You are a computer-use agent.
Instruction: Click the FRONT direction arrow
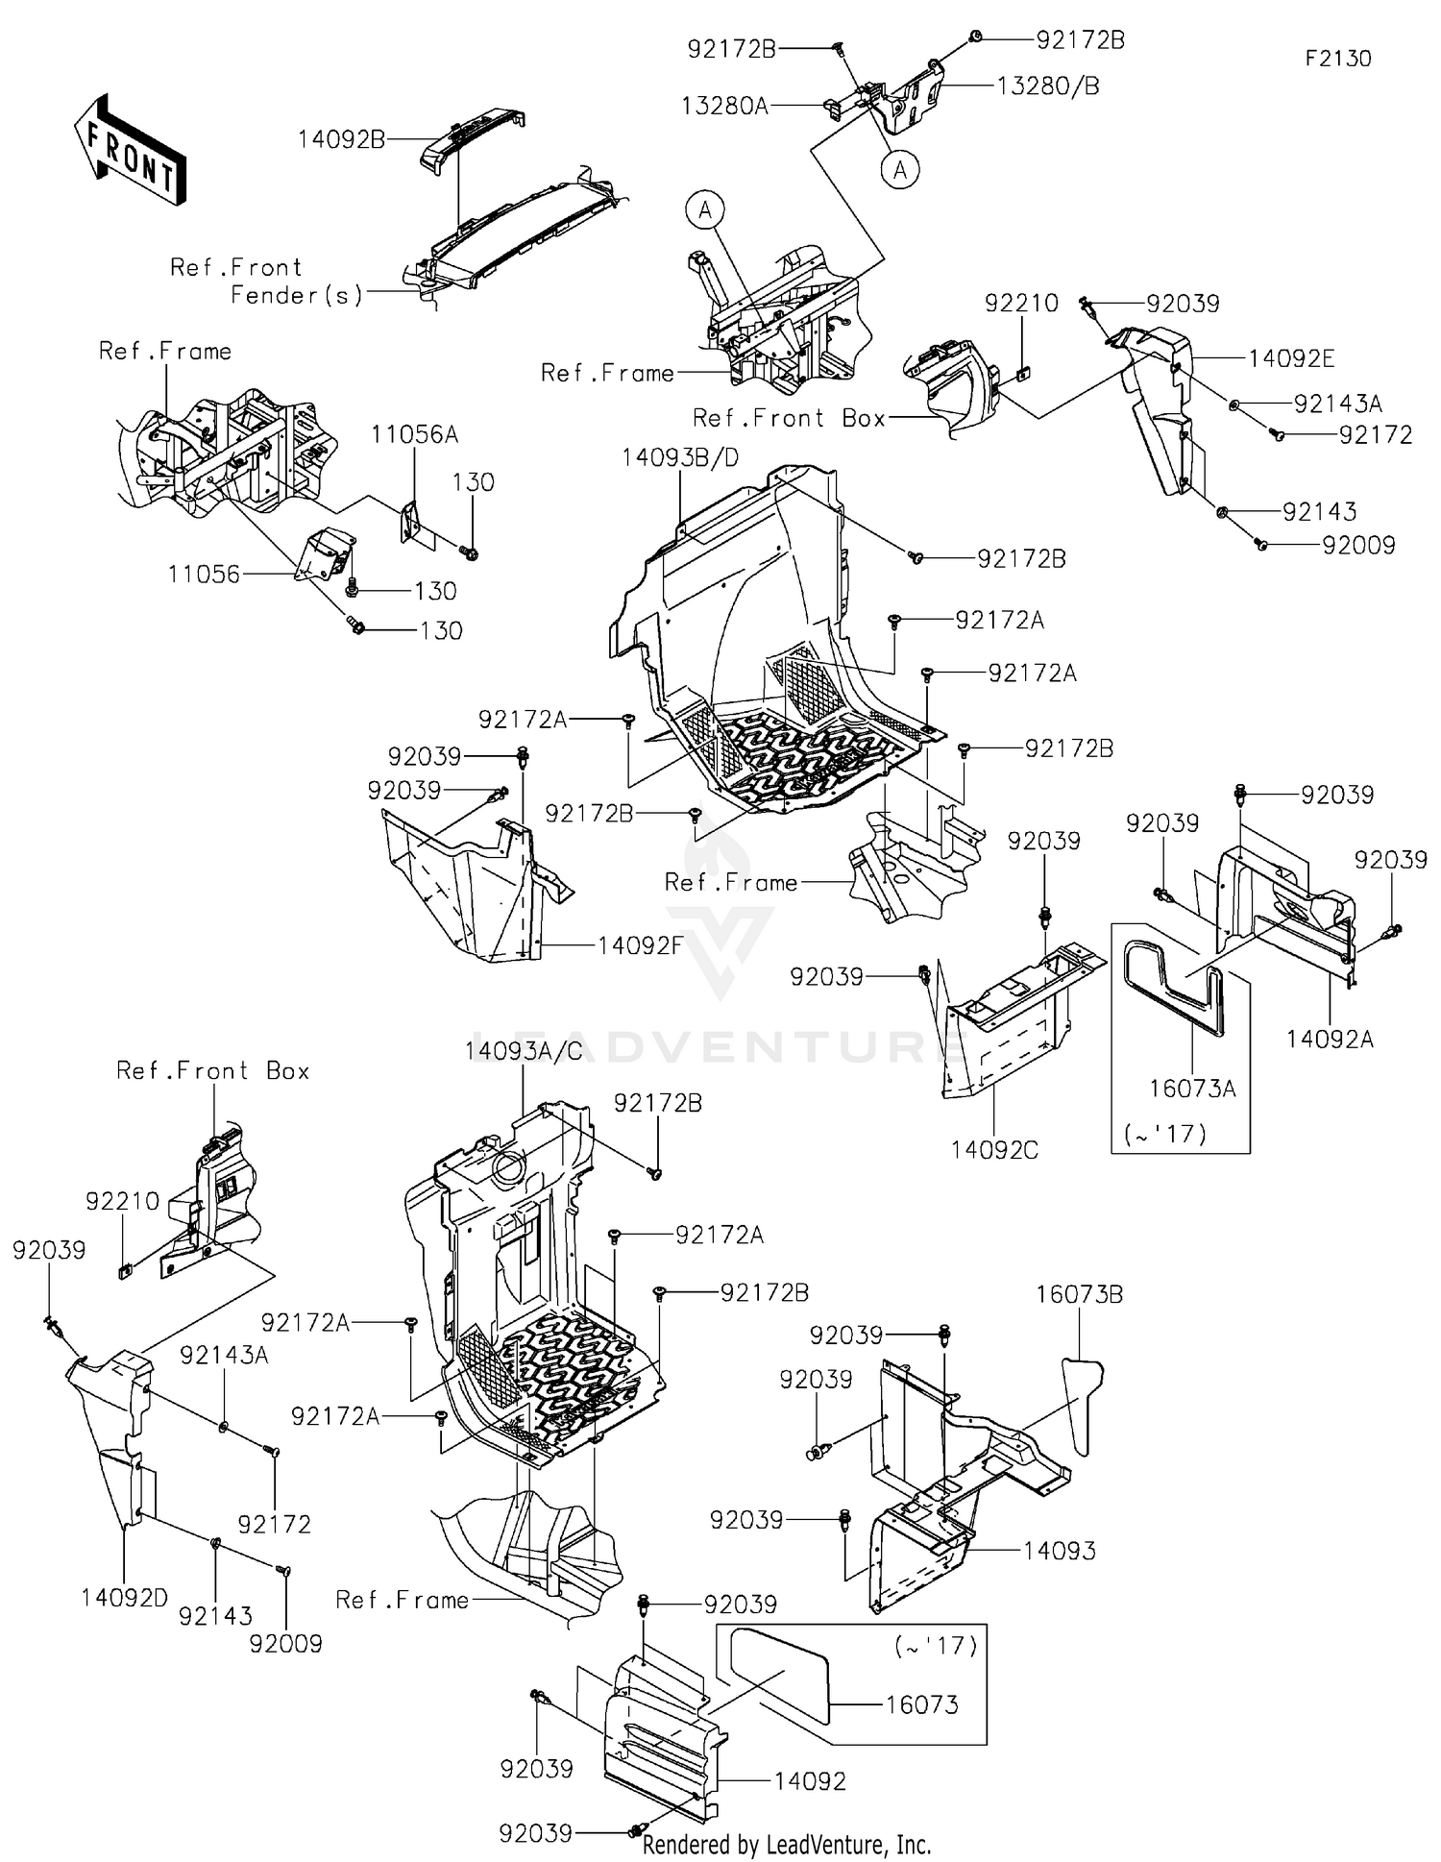[130, 151]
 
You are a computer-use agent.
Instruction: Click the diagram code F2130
[1337, 59]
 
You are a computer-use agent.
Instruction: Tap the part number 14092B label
[341, 139]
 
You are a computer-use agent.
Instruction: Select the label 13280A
[724, 106]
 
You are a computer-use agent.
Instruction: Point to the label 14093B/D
[680, 457]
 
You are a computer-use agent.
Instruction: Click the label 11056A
[415, 435]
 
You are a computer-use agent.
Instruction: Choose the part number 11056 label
[204, 575]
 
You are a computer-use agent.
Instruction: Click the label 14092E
[1291, 358]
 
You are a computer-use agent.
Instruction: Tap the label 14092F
[640, 945]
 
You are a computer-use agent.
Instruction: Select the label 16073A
[1192, 1088]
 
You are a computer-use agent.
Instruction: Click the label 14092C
[994, 1150]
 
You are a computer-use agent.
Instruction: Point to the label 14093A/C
[524, 1051]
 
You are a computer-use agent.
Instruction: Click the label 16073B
[1079, 1294]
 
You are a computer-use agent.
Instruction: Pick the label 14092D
[125, 1598]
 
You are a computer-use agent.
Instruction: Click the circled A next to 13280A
[899, 170]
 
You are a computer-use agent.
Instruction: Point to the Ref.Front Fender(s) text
[267, 281]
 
